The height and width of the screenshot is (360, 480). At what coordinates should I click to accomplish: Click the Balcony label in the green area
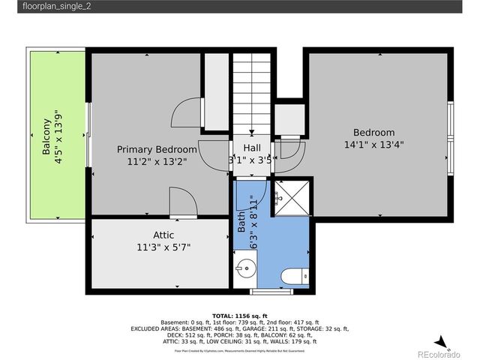coord(46,136)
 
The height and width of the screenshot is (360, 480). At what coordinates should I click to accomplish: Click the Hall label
coord(251,148)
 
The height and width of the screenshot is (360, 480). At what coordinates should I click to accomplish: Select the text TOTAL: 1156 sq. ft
coord(240,316)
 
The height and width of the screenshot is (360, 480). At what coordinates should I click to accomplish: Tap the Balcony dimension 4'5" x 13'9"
coord(58,136)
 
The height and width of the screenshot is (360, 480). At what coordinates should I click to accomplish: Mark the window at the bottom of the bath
coord(271,289)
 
